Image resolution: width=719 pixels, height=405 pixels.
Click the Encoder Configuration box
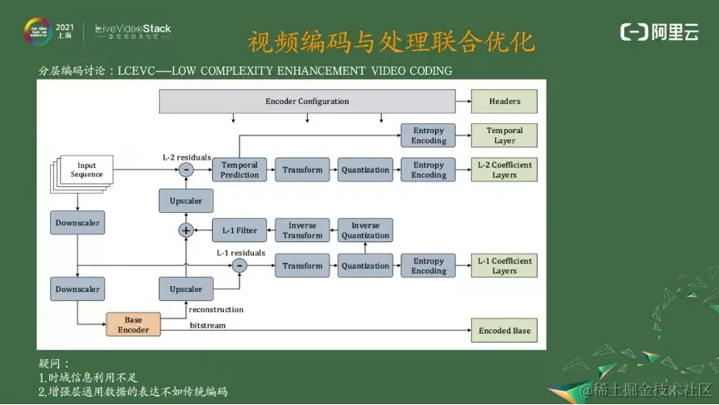(x=307, y=101)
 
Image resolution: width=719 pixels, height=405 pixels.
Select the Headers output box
(x=504, y=101)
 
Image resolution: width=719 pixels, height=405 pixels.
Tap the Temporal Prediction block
(x=240, y=170)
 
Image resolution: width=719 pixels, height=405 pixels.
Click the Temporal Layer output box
(x=504, y=136)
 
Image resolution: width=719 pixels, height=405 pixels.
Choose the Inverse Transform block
(x=302, y=230)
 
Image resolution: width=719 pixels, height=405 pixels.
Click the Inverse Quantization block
(x=365, y=230)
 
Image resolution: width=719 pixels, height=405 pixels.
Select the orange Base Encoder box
(x=133, y=324)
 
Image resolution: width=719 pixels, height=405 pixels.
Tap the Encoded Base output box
(x=504, y=330)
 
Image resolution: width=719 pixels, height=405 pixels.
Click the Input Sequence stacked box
(x=87, y=170)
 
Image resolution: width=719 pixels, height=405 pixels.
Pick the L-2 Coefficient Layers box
(x=504, y=170)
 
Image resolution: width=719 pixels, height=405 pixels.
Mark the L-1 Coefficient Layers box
(x=504, y=266)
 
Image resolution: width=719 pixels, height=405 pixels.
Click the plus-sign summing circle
(x=186, y=230)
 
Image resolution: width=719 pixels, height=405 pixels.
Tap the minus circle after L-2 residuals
(x=186, y=170)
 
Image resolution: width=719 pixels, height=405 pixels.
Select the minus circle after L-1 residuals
(x=240, y=266)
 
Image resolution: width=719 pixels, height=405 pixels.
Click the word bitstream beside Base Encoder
(x=207, y=325)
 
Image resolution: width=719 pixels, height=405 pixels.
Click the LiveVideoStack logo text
(x=133, y=30)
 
